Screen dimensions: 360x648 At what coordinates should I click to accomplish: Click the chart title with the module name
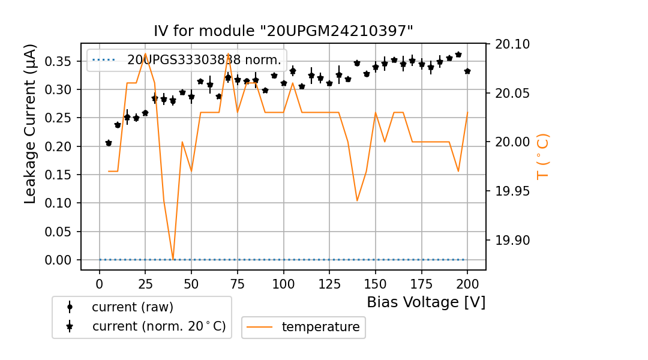[x=283, y=31]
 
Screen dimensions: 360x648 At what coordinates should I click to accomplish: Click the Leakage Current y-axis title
[x=31, y=124]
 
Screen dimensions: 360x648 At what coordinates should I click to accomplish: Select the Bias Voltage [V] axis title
[x=426, y=302]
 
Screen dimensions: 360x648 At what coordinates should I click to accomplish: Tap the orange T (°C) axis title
[x=542, y=157]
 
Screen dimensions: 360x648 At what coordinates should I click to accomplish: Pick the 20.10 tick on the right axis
[x=514, y=44]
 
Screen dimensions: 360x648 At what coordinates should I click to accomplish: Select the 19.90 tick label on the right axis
[x=514, y=241]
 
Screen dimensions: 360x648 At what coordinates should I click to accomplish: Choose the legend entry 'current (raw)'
[x=132, y=307]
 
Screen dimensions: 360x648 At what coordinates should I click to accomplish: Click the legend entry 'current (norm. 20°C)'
[x=158, y=326]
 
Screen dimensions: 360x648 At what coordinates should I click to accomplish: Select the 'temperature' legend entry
[x=320, y=327]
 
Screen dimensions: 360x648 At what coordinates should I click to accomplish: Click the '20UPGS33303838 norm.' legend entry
[x=204, y=60]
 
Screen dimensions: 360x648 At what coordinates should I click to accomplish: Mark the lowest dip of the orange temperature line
[x=173, y=259]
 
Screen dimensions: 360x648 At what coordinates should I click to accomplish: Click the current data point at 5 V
[x=109, y=143]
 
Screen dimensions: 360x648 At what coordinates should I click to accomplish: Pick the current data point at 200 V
[x=467, y=71]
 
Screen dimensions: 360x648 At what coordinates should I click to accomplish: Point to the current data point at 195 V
[x=458, y=55]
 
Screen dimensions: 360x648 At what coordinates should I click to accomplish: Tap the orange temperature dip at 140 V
[x=357, y=200]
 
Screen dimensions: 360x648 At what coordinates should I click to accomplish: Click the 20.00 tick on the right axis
[x=514, y=142]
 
